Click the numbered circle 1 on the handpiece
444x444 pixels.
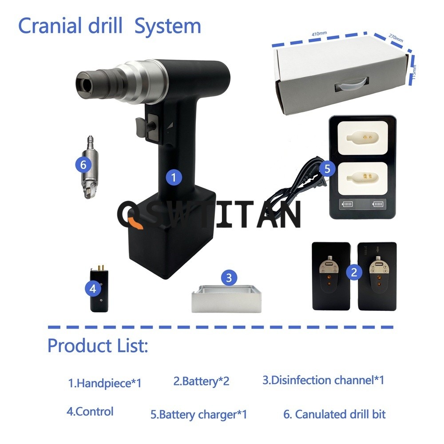click(x=174, y=177)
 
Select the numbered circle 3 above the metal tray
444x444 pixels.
click(x=229, y=278)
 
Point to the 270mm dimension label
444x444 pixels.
click(x=396, y=37)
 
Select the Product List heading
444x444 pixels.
click(x=97, y=345)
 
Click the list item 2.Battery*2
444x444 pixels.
click(x=201, y=381)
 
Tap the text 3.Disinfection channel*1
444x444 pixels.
click(x=323, y=380)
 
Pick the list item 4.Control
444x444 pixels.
click(x=90, y=411)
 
